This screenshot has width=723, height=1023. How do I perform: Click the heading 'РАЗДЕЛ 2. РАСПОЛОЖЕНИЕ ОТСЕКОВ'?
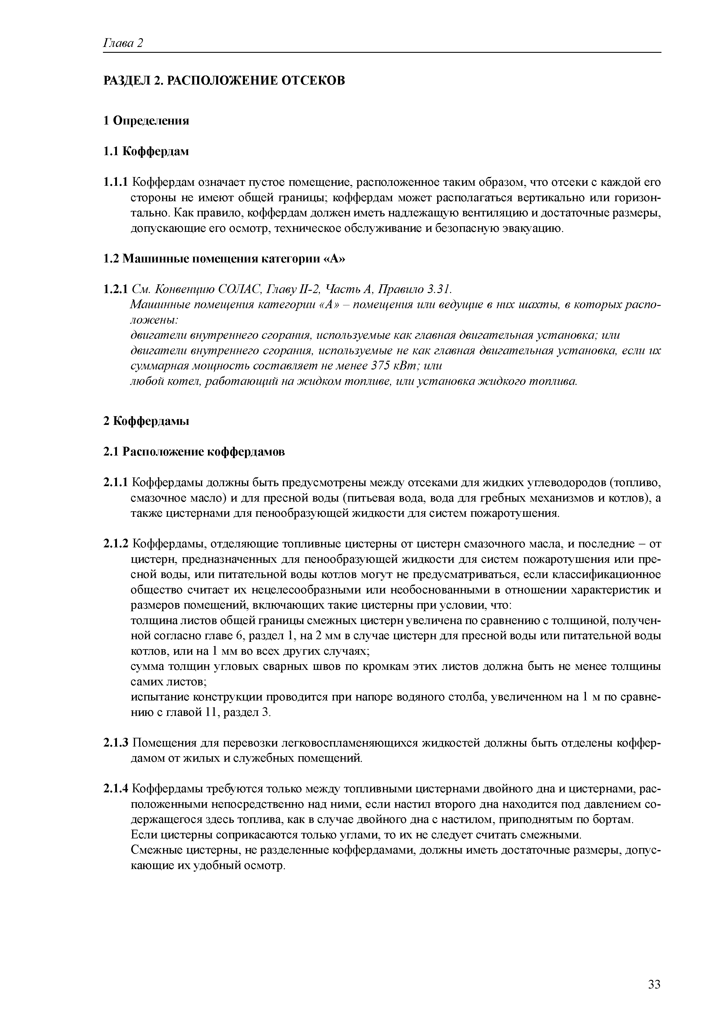tap(224, 81)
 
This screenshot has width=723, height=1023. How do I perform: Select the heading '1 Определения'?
tap(146, 121)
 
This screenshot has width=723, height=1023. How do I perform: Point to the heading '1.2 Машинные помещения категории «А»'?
tap(224, 259)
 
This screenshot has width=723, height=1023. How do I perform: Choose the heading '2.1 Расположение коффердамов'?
tap(194, 452)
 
